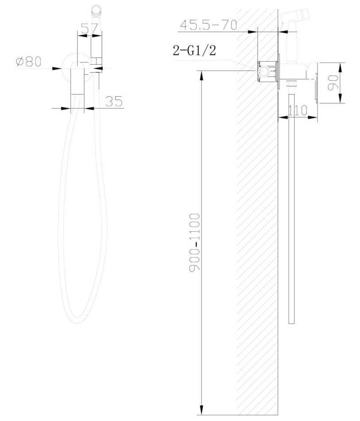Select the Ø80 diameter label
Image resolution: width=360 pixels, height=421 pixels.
(28, 62)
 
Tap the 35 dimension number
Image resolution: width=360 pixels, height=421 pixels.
(114, 101)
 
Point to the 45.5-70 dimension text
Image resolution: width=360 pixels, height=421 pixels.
(209, 25)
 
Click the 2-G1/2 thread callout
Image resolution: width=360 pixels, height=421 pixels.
(194, 50)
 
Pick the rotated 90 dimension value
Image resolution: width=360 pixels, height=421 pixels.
(333, 83)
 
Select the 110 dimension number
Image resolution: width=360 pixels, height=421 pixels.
(298, 110)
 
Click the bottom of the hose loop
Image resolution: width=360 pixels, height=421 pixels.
(77, 321)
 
